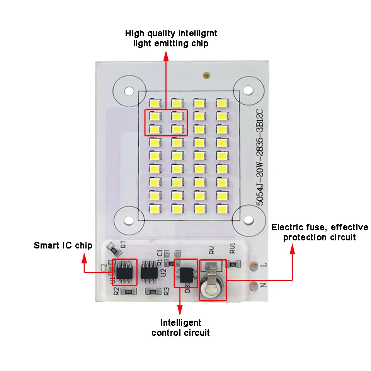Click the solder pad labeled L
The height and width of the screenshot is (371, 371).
[254, 266]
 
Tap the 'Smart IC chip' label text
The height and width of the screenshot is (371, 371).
[63, 245]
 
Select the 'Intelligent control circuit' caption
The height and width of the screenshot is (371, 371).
[180, 327]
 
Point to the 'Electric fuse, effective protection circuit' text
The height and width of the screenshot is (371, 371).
[319, 232]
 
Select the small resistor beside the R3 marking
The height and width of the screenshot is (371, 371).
[152, 292]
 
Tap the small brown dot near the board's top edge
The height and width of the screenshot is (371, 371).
[207, 75]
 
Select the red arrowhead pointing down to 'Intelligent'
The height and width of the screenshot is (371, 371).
[180, 310]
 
